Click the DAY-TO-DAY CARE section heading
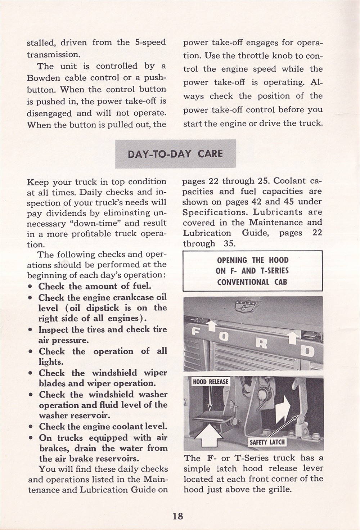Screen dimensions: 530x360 tap(175, 154)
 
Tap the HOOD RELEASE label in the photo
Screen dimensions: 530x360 tap(211, 382)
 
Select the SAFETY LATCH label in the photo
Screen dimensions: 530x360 tap(267, 442)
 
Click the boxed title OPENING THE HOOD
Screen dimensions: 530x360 tap(252, 260)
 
